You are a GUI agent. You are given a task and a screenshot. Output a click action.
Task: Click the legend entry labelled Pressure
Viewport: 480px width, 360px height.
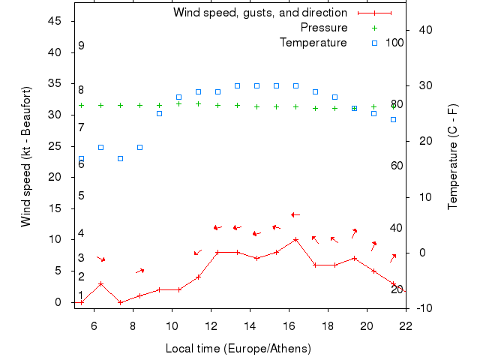pyautogui.click(x=324, y=28)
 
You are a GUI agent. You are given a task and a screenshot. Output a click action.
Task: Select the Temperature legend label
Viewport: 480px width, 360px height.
pyautogui.click(x=313, y=43)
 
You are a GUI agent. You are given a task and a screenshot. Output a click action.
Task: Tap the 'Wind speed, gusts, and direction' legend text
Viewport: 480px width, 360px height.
pyautogui.click(x=260, y=13)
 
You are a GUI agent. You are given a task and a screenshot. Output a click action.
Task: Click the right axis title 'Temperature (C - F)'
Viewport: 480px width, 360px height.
pyautogui.click(x=454, y=157)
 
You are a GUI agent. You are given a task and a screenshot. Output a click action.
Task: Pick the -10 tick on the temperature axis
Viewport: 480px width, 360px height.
pyautogui.click(x=423, y=307)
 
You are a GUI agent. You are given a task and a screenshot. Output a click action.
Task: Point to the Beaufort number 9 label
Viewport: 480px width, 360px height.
pyautogui.click(x=81, y=46)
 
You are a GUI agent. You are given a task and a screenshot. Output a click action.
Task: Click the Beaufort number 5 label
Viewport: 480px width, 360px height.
pyautogui.click(x=81, y=196)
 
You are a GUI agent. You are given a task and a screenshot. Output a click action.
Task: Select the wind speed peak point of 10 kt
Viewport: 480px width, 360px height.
pyautogui.click(x=295, y=240)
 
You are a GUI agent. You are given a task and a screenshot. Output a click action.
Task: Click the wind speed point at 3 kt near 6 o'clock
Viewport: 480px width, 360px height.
pyautogui.click(x=100, y=283)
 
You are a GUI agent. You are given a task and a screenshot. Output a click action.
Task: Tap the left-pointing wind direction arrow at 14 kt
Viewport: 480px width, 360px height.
pyautogui.click(x=295, y=215)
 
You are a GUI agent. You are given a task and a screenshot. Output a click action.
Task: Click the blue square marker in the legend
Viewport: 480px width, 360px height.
pyautogui.click(x=374, y=43)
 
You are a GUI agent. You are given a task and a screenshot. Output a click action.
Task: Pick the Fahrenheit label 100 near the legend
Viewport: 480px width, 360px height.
pyautogui.click(x=394, y=43)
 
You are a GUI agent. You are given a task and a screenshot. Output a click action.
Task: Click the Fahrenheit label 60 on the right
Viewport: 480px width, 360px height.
pyautogui.click(x=397, y=165)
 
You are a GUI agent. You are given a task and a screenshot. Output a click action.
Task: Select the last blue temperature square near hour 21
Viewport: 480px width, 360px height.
pyautogui.click(x=393, y=119)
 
